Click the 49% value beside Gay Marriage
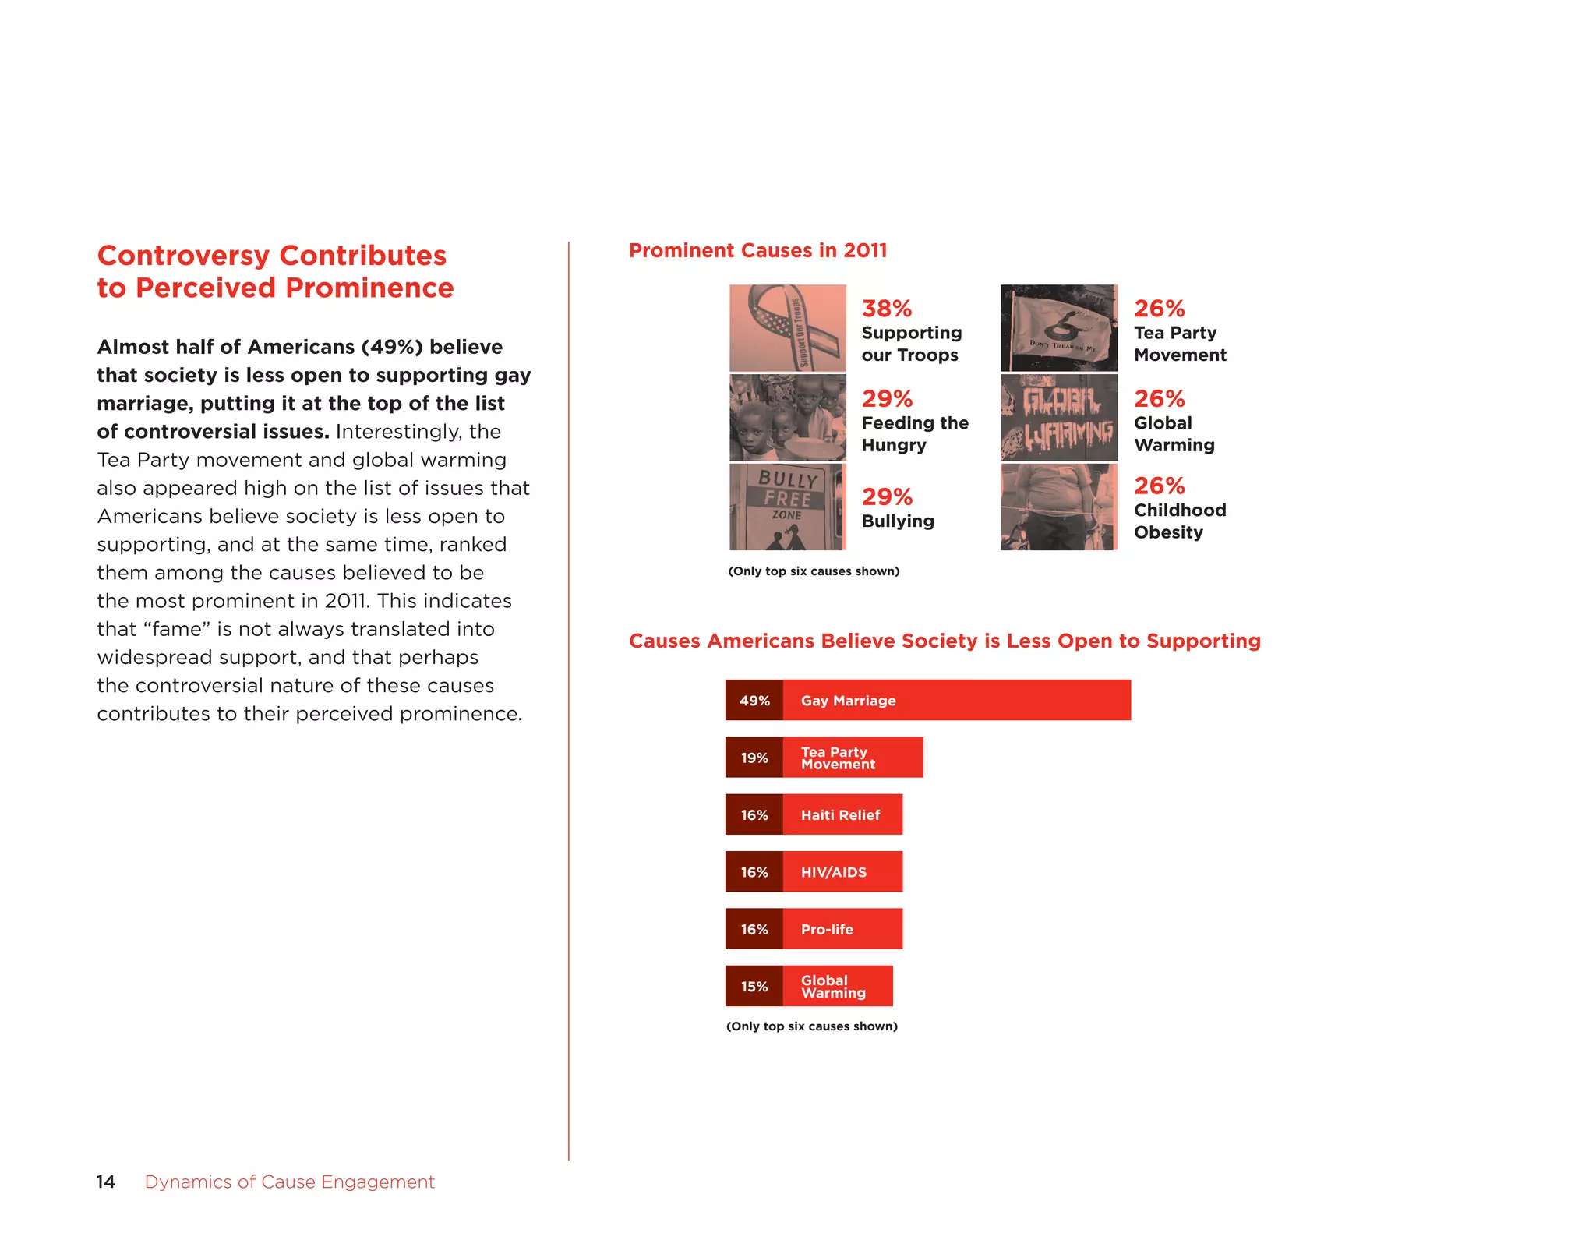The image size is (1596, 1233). pos(754,701)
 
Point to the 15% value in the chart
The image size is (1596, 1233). pos(754,987)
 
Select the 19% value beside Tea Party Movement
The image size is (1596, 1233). pos(754,758)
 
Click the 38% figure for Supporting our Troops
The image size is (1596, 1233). pos(887,309)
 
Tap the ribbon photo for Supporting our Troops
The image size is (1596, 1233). pos(788,327)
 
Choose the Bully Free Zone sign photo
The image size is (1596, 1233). pos(788,507)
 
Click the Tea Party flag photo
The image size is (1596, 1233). pos(1059,327)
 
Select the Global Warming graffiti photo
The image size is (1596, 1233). pos(1059,418)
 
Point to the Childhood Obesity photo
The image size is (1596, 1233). pos(1059,507)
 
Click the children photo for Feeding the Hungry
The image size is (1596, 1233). pos(788,418)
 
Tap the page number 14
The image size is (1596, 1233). pos(105,1182)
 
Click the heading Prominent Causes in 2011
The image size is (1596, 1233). pos(757,250)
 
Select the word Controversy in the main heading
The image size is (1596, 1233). pos(183,256)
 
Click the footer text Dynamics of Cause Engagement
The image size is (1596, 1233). pos(289,1182)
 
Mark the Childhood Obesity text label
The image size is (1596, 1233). pos(1180,521)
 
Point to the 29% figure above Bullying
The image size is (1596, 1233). pos(887,496)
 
